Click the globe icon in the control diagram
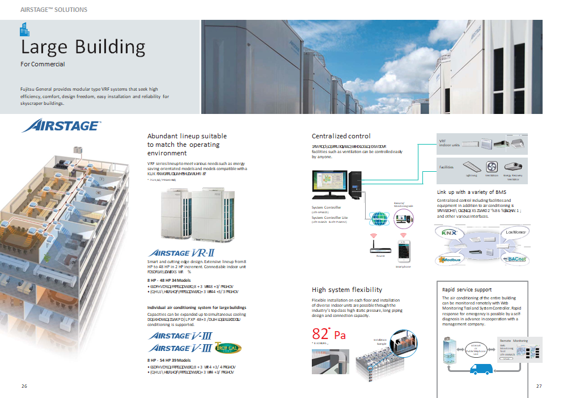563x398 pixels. tap(378, 217)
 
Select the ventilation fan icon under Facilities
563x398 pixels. tap(492, 166)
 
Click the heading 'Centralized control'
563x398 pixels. tap(341, 136)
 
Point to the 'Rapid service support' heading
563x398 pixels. tap(467, 290)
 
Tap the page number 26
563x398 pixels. tap(24, 386)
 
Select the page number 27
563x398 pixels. tap(539, 386)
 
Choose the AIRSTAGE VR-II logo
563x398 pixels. tap(180, 253)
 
